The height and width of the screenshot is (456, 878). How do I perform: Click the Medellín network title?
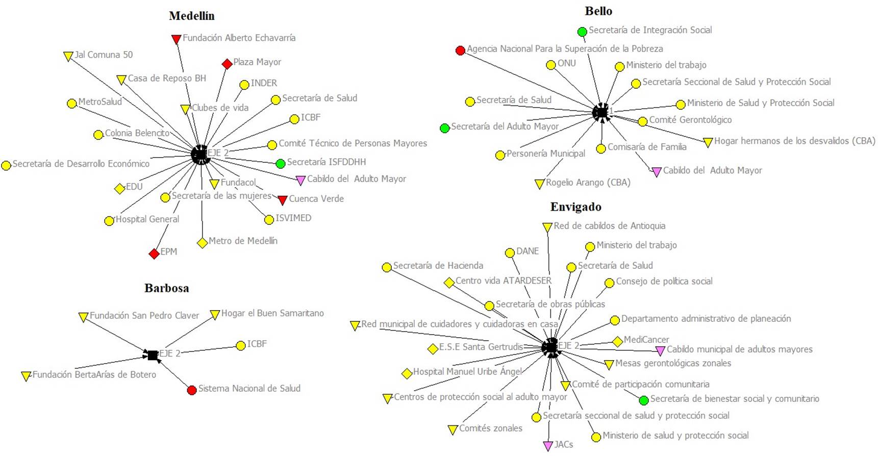(192, 16)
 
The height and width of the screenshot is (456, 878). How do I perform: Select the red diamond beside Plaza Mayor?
(227, 64)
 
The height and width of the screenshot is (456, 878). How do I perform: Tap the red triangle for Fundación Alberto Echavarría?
(177, 39)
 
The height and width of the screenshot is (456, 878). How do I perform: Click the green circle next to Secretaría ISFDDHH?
(280, 164)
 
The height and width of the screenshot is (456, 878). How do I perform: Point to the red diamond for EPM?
(154, 254)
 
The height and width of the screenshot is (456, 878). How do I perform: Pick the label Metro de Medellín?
(243, 241)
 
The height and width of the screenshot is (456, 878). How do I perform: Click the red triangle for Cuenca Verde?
(282, 200)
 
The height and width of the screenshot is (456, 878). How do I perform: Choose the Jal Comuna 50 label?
(104, 55)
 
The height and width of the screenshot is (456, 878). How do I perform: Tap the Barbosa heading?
(167, 288)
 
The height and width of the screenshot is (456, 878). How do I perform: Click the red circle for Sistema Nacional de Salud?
(192, 390)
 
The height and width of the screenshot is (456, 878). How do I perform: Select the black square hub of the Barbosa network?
(152, 355)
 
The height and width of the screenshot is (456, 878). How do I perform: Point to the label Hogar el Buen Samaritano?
(272, 313)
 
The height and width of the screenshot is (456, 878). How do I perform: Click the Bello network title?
(598, 11)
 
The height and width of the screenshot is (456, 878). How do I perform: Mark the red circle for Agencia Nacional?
(460, 50)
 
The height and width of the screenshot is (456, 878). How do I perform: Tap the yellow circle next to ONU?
(551, 65)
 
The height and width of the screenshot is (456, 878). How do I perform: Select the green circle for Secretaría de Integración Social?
(582, 32)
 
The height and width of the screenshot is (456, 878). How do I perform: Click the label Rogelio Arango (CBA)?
(588, 183)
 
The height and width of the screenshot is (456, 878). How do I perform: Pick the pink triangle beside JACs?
(548, 446)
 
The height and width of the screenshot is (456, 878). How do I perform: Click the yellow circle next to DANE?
(510, 252)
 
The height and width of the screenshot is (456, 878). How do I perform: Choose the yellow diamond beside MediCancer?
(617, 341)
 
